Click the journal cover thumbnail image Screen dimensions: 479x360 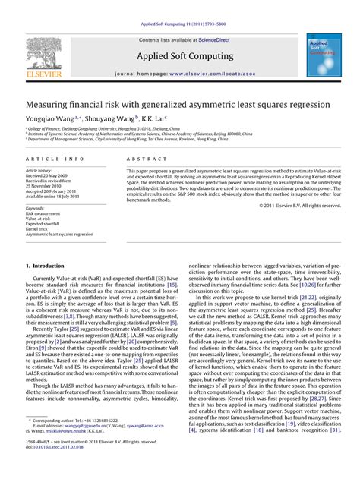pos(324,54)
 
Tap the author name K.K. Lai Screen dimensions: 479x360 pos(156,119)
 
